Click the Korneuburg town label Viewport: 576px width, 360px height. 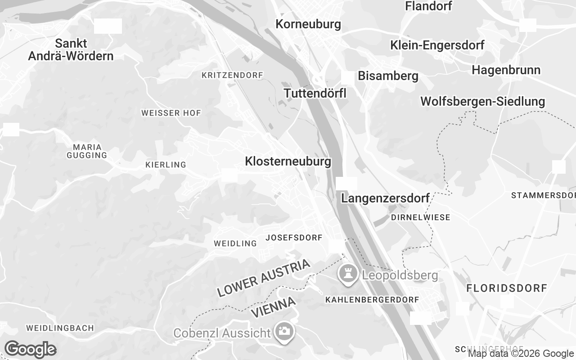point(308,24)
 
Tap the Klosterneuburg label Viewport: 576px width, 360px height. point(288,161)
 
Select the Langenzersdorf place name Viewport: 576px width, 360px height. point(385,198)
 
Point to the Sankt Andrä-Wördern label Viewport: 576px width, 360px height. point(71,49)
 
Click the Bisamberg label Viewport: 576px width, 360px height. point(388,76)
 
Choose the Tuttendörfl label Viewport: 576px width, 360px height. point(315,93)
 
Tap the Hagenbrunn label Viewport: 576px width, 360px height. point(506,70)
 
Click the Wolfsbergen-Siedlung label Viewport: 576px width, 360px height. point(482,101)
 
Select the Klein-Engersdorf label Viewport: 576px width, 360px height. point(437,45)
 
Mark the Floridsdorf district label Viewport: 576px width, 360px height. point(506,288)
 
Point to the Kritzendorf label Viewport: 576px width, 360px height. point(232,75)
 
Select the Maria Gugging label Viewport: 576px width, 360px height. point(87,151)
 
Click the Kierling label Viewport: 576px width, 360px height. point(166,165)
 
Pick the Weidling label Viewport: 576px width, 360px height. point(235,243)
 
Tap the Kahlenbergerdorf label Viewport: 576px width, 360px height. point(372,299)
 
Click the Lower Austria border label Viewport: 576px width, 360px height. point(264,278)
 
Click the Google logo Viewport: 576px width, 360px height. point(30,349)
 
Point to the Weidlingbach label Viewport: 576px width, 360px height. point(60,328)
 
